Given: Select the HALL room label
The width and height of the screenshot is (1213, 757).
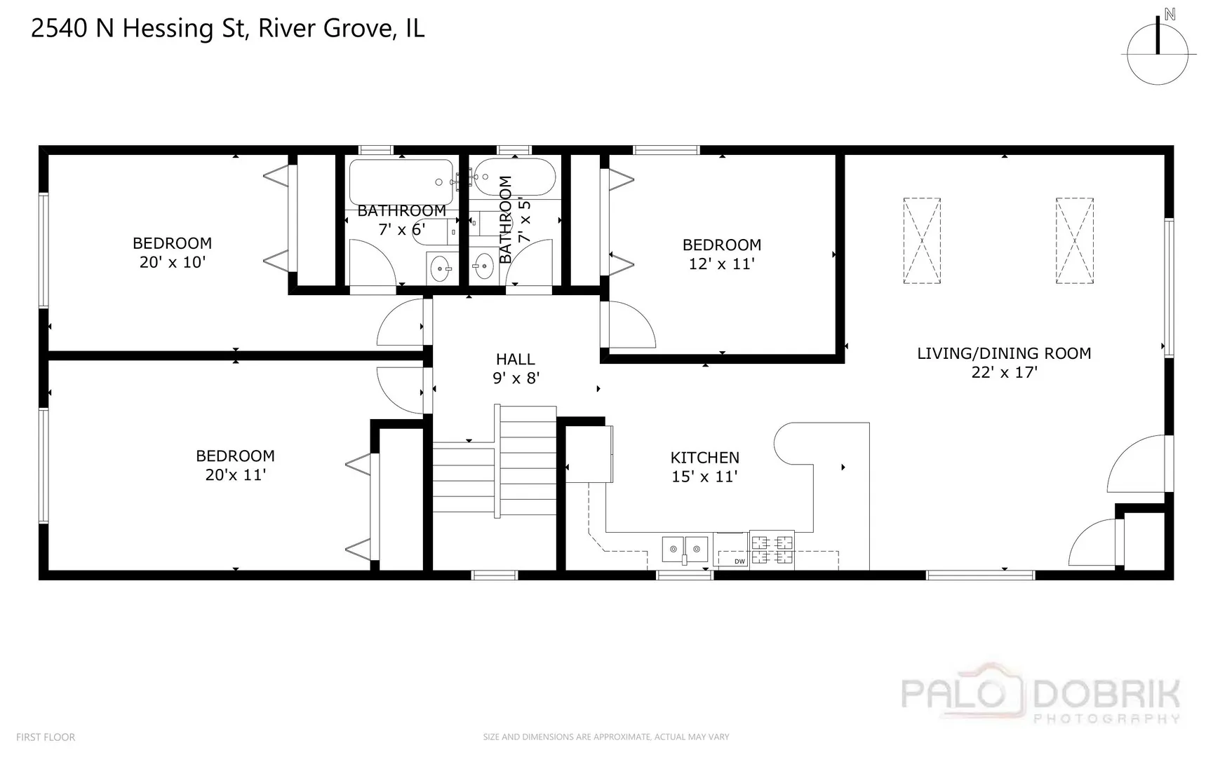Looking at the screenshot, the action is [515, 360].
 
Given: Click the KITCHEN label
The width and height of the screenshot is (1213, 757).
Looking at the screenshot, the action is [704, 458].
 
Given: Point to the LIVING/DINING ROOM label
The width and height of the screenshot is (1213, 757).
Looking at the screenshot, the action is [1004, 353].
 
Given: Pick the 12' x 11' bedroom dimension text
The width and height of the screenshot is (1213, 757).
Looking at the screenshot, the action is [721, 264].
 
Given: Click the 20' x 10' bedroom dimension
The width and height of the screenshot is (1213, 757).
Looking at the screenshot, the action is [172, 262].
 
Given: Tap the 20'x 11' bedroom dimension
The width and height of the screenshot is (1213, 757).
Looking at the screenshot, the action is [235, 475].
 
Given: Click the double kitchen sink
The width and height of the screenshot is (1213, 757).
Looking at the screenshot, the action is [685, 550].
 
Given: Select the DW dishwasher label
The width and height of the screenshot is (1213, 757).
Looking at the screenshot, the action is [739, 561].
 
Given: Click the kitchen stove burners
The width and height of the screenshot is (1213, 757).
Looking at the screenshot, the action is [772, 550].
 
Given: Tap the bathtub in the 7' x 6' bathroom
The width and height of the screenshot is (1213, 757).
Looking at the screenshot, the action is [401, 182].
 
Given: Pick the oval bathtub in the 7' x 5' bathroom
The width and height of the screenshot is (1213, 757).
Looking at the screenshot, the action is [514, 178].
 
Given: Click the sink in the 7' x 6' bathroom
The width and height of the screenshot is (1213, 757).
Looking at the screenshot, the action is [441, 268].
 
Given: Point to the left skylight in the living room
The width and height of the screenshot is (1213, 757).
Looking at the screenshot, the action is [922, 240].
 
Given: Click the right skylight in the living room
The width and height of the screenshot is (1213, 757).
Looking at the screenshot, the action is [1074, 240].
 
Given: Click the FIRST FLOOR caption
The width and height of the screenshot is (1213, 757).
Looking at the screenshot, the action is [46, 737].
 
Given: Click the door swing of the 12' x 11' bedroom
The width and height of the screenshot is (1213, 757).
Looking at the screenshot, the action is [631, 325].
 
